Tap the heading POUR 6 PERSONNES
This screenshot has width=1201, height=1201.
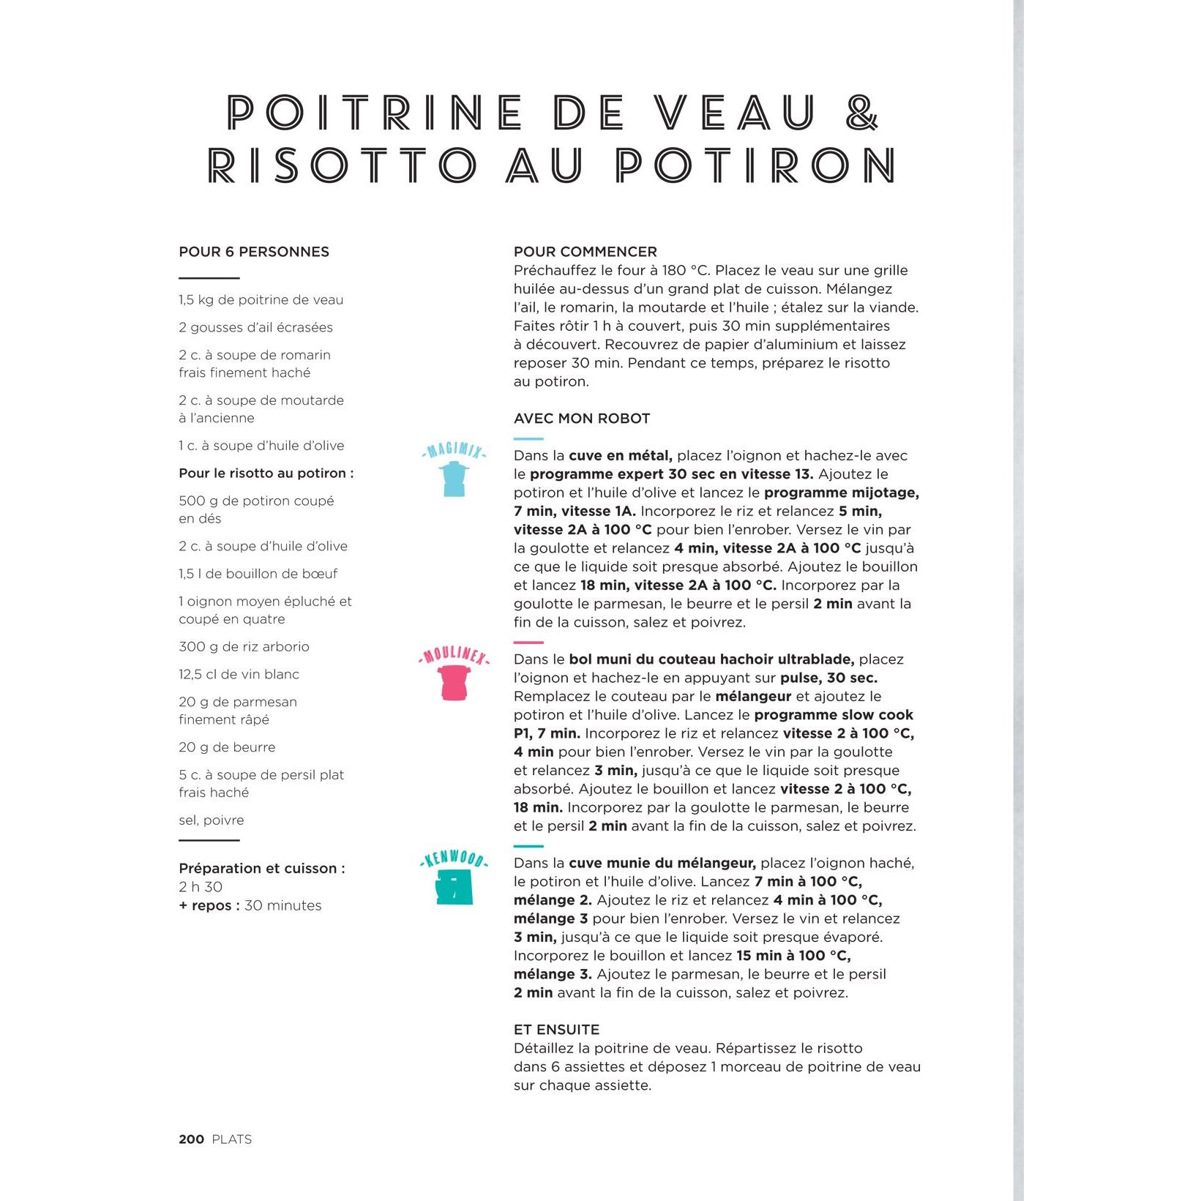pyautogui.click(x=254, y=252)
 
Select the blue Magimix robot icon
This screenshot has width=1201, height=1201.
pyautogui.click(x=454, y=479)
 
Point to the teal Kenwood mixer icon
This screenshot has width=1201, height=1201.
pyautogui.click(x=454, y=887)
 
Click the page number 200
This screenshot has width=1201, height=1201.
pyautogui.click(x=191, y=1139)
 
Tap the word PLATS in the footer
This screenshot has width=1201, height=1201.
pyautogui.click(x=231, y=1139)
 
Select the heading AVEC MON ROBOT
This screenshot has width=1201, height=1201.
pyautogui.click(x=582, y=419)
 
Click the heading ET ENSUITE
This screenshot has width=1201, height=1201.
pyautogui.click(x=556, y=1029)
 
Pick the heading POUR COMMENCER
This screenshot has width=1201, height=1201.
pyautogui.click(x=585, y=252)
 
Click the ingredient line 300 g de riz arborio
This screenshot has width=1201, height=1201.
pyautogui.click(x=244, y=646)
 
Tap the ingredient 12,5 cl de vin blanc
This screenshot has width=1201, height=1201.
pyautogui.click(x=239, y=674)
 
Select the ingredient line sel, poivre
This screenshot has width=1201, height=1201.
pyautogui.click(x=212, y=820)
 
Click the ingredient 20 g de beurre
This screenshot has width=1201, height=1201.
pyautogui.click(x=227, y=747)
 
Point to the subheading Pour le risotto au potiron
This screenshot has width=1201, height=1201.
pyautogui.click(x=266, y=473)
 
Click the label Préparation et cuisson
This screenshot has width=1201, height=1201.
pyautogui.click(x=261, y=868)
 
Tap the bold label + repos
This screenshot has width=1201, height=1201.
pyautogui.click(x=209, y=905)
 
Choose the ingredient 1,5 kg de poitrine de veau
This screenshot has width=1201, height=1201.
pyautogui.click(x=261, y=299)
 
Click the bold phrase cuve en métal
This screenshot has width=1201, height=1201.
pyautogui.click(x=620, y=455)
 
